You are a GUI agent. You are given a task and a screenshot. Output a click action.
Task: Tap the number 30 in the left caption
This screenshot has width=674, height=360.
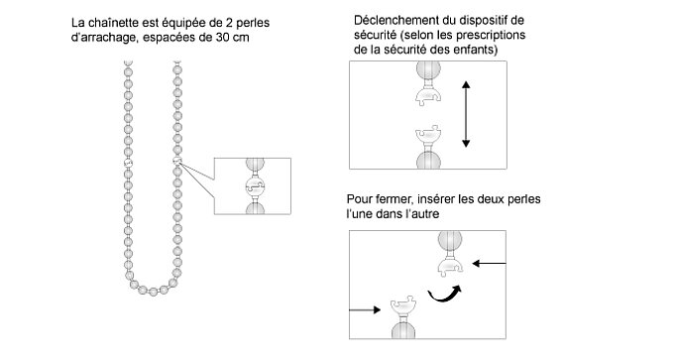(223, 37)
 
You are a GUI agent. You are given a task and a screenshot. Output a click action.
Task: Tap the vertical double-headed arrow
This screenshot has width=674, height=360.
(466, 114)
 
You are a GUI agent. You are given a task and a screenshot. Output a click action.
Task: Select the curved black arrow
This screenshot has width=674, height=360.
(444, 295)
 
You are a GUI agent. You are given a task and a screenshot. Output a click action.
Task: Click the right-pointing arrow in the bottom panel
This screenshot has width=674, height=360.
(365, 309)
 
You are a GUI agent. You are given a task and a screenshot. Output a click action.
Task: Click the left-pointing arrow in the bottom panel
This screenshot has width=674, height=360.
(489, 263)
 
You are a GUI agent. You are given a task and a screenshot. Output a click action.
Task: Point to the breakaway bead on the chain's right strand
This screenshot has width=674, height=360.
(177, 161)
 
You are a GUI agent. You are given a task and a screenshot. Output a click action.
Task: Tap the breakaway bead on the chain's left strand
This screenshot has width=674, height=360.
(128, 163)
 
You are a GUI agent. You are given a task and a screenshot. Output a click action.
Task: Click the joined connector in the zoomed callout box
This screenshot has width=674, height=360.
(255, 186)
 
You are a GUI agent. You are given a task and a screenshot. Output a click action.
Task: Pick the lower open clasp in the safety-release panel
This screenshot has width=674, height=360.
(428, 135)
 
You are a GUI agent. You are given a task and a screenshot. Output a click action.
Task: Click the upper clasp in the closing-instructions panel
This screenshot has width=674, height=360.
(450, 266)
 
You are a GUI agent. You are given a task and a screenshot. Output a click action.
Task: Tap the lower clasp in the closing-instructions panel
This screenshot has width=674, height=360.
(403, 306)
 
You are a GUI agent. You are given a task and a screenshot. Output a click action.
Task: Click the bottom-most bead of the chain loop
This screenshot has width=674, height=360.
(153, 292)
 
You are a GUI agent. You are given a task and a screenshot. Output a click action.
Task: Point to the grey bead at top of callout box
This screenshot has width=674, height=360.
(255, 165)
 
